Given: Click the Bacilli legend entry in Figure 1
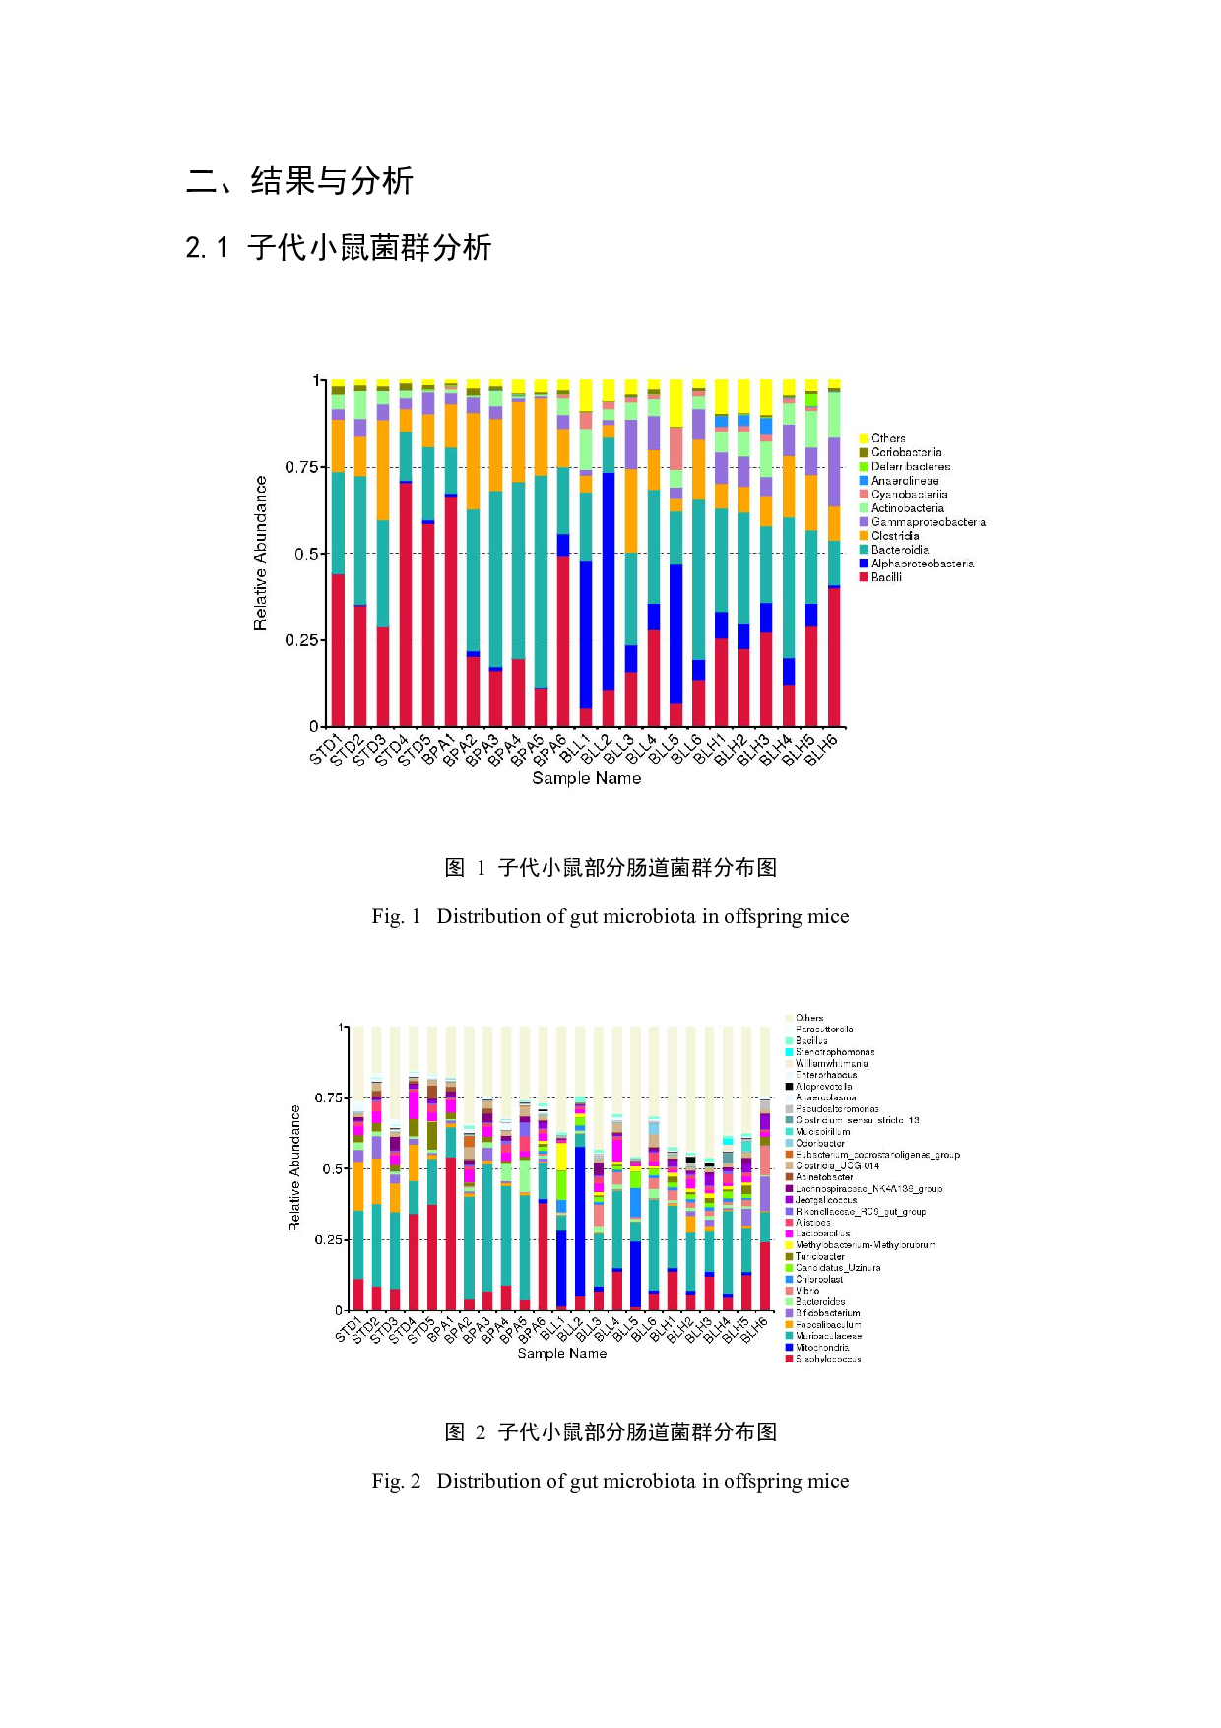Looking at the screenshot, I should click(885, 577).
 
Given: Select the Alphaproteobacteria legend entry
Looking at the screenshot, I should click(922, 564).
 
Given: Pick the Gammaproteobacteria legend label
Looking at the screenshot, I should click(927, 522).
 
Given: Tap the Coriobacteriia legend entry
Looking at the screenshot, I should click(906, 452).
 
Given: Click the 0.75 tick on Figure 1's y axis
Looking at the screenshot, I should click(301, 467).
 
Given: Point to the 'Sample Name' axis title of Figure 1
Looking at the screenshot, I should click(586, 778).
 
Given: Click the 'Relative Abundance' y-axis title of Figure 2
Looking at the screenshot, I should click(294, 1167).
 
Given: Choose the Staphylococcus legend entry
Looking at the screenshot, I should click(828, 1360).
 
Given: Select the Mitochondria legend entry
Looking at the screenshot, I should click(822, 1348).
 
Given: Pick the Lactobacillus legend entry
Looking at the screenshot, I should click(822, 1233).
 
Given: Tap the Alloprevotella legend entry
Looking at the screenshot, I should click(823, 1087).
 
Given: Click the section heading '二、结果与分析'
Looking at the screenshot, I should click(300, 181).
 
